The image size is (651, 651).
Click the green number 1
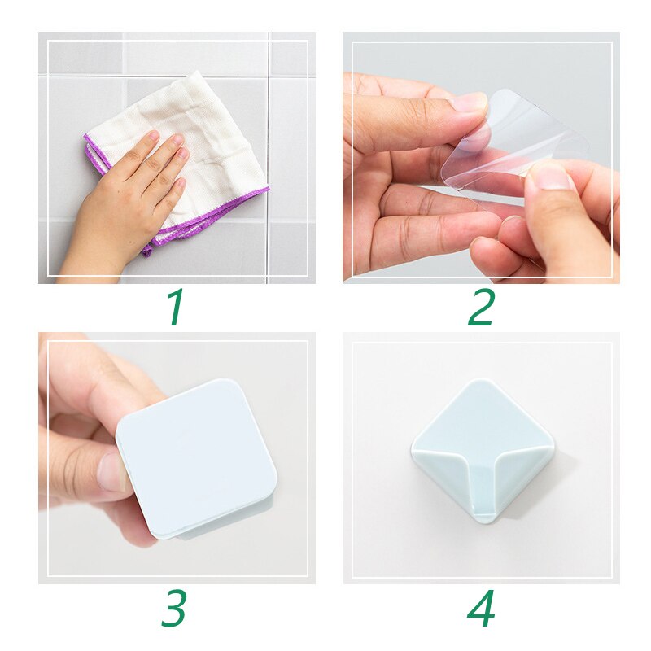click(x=175, y=307)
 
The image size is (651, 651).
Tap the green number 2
click(x=481, y=307)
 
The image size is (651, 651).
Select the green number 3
click(x=174, y=608)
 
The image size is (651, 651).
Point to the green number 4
click(x=481, y=609)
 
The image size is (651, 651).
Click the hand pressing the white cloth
click(x=134, y=187)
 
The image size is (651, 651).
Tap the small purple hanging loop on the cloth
click(x=147, y=249)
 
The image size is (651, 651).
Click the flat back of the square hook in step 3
click(x=195, y=456)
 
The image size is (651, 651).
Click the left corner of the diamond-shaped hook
click(x=413, y=445)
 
